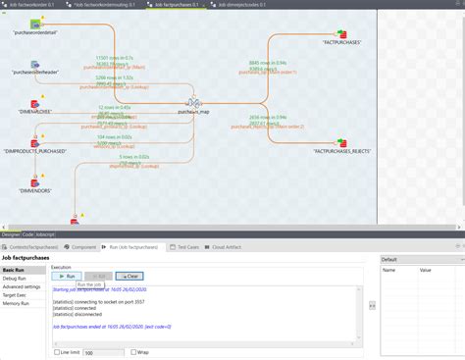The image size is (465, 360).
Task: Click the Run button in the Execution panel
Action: [66, 278]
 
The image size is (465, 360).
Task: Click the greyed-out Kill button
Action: [96, 278]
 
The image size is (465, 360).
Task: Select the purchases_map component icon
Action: [195, 102]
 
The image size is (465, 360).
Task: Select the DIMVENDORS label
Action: [35, 190]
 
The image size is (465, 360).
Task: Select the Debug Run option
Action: [16, 279]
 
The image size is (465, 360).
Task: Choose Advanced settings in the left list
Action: [22, 286]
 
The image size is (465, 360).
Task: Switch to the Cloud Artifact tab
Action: [230, 247]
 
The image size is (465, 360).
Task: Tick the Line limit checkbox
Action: [56, 351]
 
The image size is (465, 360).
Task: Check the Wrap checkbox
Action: [132, 351]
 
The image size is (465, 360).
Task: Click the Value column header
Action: [426, 270]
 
